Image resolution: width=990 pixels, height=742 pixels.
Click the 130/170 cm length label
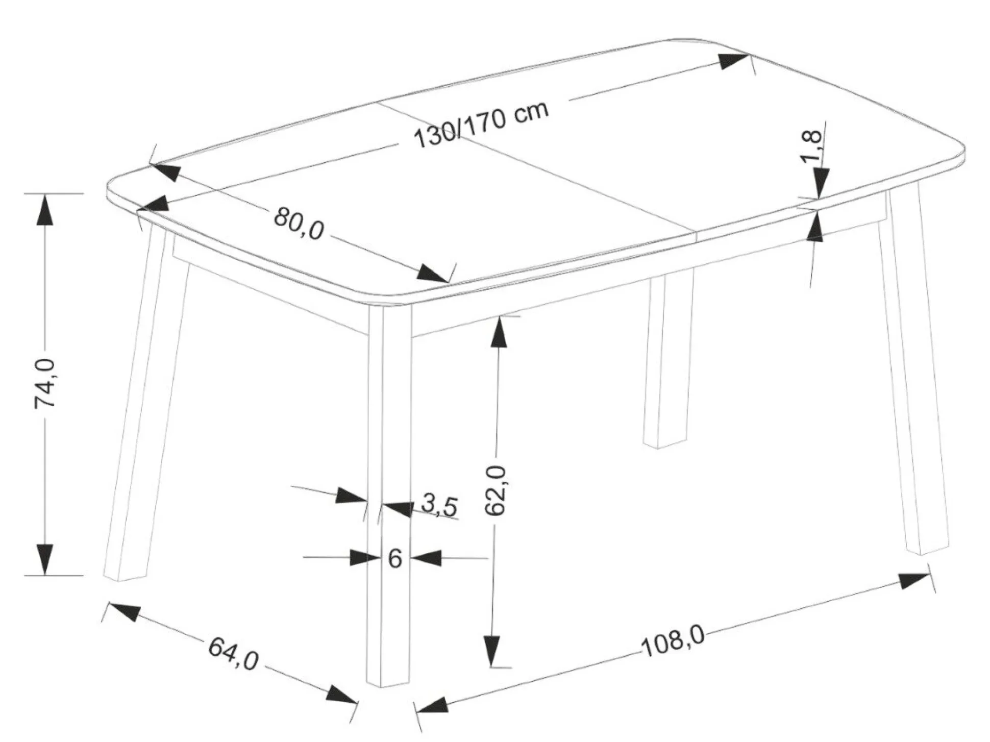(482, 125)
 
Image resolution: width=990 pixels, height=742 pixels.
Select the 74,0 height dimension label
(44, 383)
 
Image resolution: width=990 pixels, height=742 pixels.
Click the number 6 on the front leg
(395, 559)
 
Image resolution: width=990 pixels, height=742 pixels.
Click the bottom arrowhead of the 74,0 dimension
(45, 559)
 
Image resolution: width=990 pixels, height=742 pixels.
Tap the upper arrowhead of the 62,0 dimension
(499, 332)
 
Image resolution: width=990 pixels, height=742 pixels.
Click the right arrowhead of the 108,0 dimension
(914, 580)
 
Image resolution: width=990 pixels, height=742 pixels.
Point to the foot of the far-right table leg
(928, 549)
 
